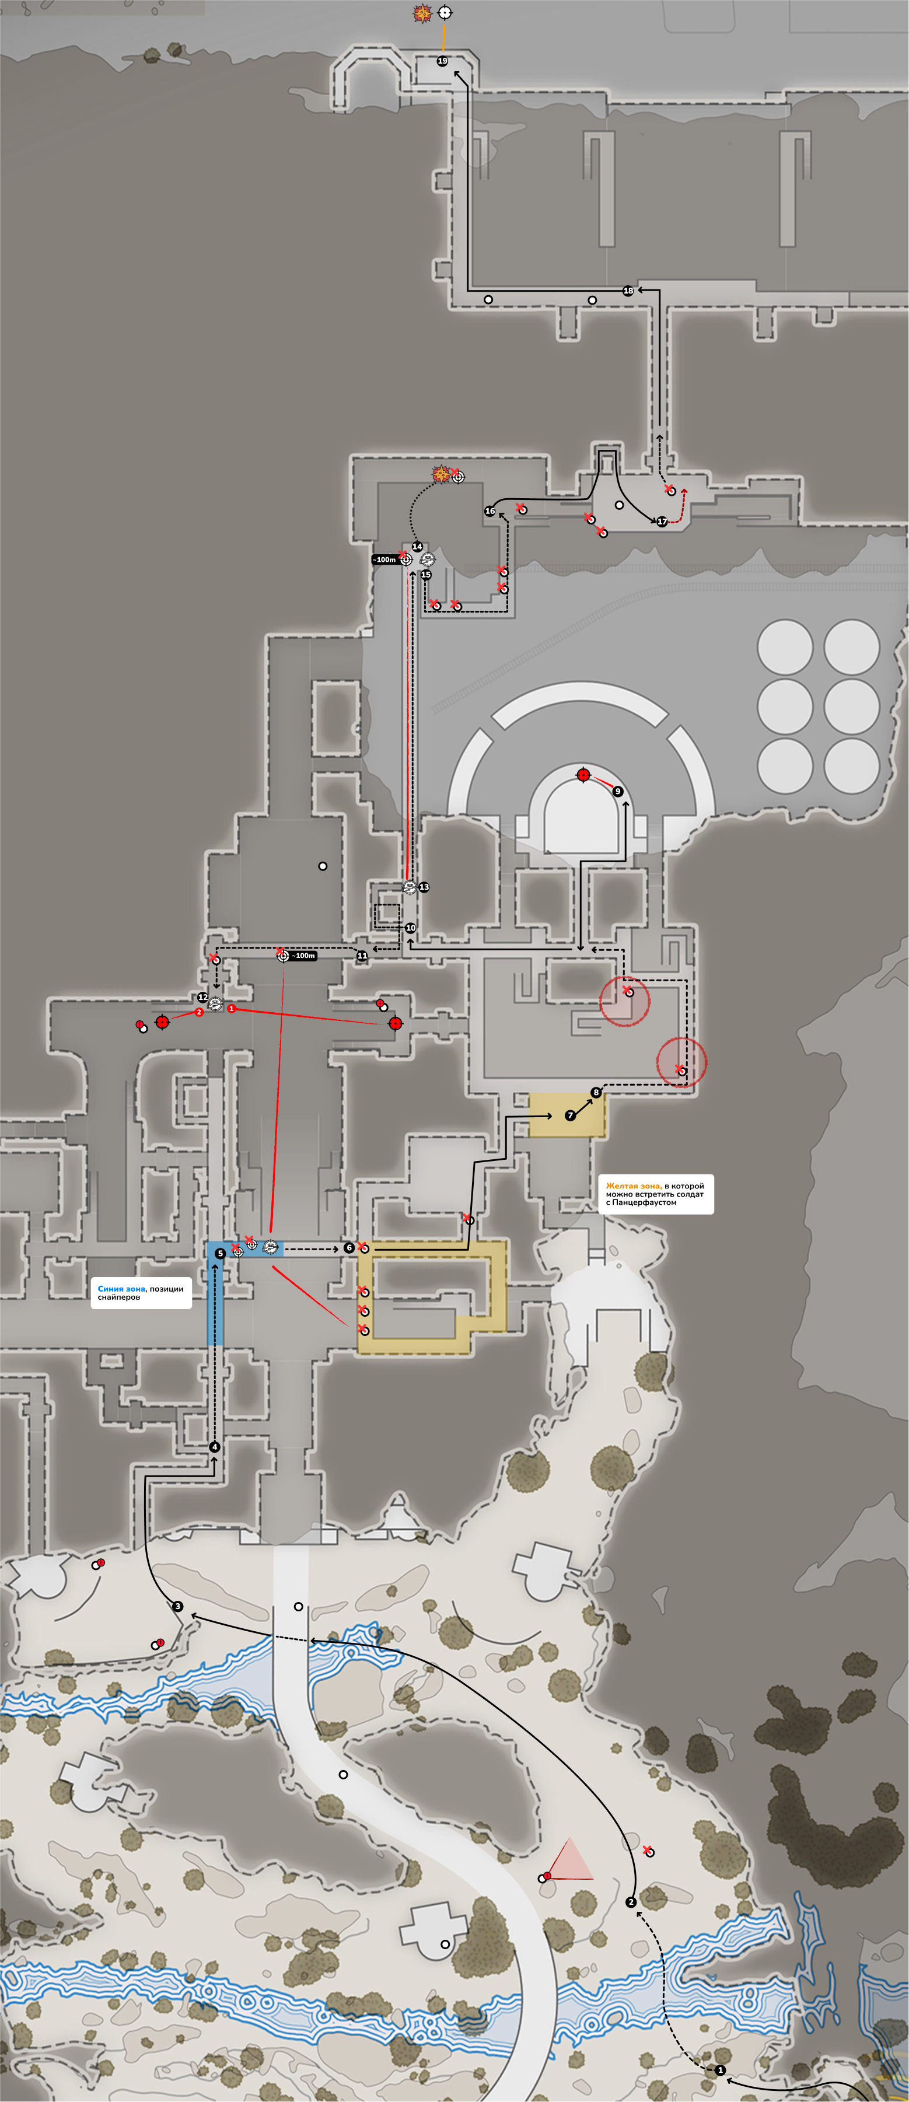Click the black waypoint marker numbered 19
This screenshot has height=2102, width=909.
[x=442, y=61]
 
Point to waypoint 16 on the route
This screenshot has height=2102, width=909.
[x=490, y=511]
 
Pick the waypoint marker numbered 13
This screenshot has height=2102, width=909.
[x=424, y=887]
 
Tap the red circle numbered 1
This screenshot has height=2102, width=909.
[x=232, y=1009]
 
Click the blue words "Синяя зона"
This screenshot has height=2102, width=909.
[x=121, y=1289]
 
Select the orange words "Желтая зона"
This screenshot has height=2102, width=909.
[x=632, y=1185]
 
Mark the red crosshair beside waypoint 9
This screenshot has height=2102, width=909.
[x=583, y=774]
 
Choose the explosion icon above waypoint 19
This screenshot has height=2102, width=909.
[x=422, y=13]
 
